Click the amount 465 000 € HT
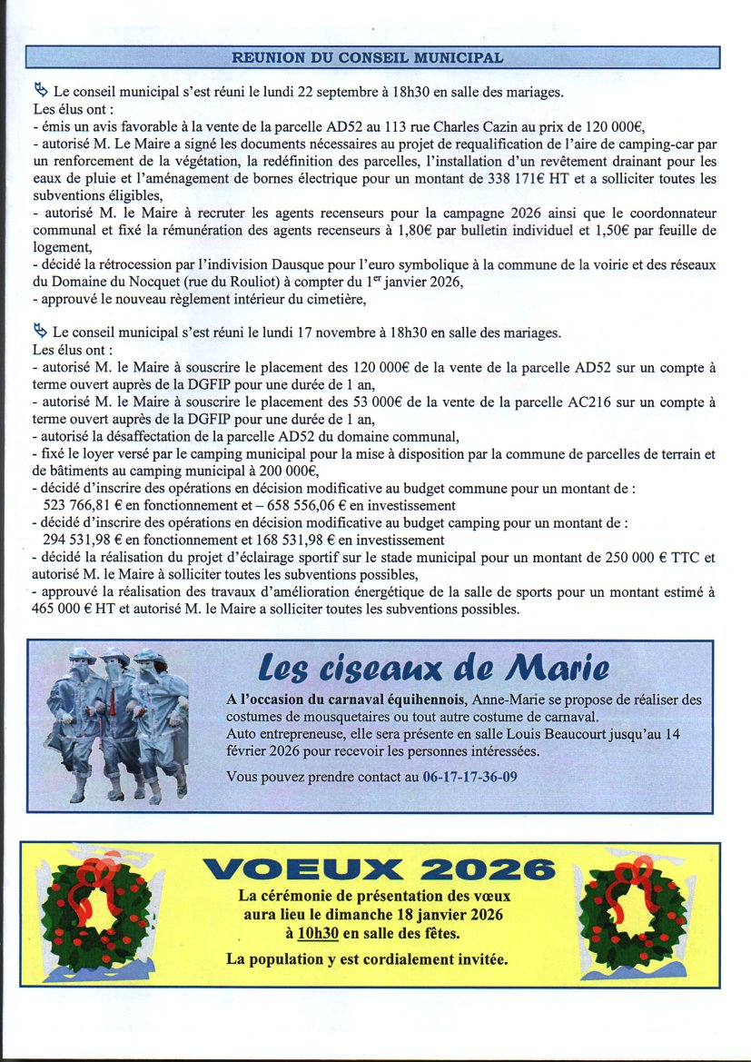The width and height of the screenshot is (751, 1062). pos(80,609)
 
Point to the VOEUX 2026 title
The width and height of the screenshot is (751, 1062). pos(380,869)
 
